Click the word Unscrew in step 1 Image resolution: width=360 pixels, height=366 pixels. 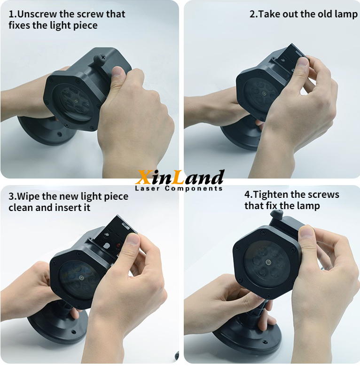37,14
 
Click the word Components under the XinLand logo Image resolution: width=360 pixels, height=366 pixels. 194,188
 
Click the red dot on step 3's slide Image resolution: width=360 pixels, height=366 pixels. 118,246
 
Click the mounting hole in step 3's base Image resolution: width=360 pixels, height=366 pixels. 74,331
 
